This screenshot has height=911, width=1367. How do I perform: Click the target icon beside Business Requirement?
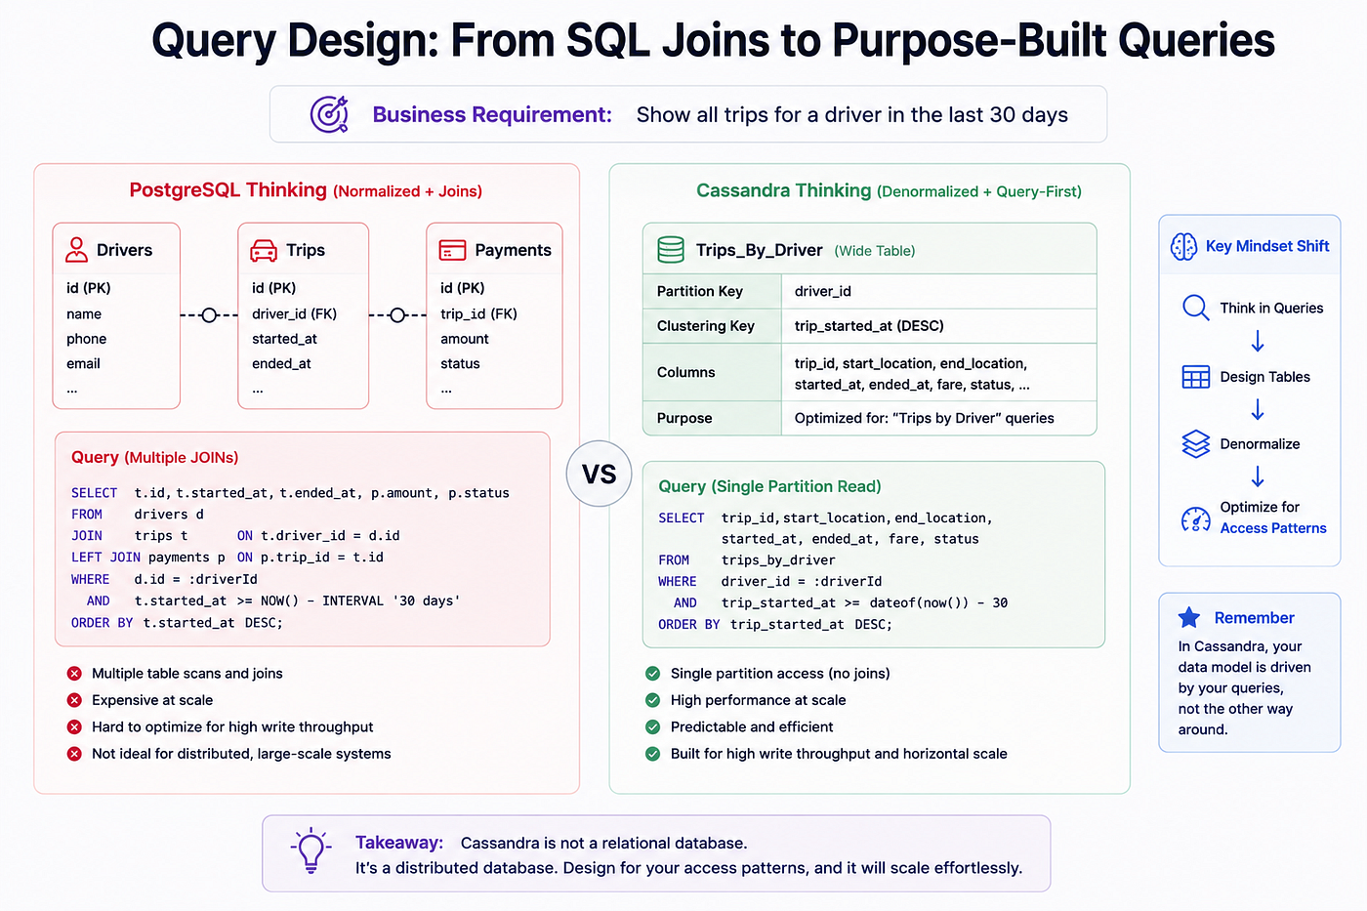click(330, 114)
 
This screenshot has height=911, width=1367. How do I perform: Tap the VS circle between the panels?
click(599, 474)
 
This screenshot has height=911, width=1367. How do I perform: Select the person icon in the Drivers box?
click(76, 250)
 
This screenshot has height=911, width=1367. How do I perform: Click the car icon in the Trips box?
click(264, 250)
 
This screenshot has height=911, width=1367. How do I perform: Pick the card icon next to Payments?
click(452, 250)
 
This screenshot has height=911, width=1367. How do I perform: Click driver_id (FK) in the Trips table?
click(294, 313)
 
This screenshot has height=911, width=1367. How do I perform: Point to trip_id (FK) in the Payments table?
click(478, 313)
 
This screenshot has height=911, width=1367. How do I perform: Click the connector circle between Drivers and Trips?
click(209, 314)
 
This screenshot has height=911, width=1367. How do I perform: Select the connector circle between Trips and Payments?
click(397, 314)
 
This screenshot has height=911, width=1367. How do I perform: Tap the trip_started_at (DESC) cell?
click(868, 326)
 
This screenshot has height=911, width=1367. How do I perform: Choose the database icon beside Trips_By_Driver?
click(670, 250)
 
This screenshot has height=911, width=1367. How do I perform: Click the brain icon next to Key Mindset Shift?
click(1183, 246)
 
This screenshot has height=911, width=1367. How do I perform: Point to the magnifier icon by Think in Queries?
click(1195, 308)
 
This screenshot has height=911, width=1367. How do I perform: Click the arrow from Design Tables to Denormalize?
click(1258, 409)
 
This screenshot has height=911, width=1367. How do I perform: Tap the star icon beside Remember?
click(1189, 617)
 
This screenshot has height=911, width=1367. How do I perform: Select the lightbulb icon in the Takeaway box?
click(311, 850)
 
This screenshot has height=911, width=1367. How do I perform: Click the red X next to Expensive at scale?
click(74, 700)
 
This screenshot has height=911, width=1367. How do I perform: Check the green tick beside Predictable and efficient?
click(652, 726)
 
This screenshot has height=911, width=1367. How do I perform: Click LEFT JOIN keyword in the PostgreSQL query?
click(105, 558)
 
